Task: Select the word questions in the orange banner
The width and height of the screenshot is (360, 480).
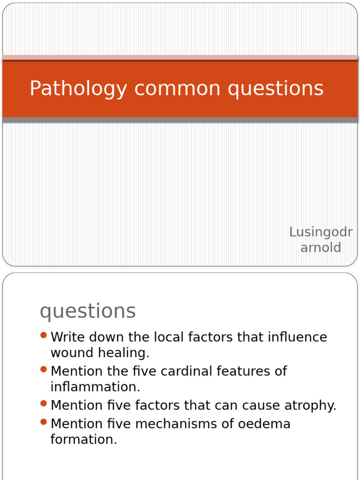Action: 276,89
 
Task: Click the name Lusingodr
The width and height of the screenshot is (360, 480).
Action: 321,232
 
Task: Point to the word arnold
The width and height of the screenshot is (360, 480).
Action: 321,247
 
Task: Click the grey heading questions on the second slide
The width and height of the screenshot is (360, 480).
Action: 88,311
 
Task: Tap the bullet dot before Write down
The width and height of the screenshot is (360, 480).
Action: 44,335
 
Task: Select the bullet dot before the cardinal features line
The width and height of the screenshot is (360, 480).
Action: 44,369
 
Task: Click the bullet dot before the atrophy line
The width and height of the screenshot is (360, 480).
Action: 44,403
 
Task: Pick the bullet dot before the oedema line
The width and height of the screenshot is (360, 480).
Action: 44,422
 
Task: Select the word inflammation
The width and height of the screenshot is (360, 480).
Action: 95,387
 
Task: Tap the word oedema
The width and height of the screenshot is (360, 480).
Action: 263,424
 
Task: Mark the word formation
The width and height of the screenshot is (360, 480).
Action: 83,439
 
